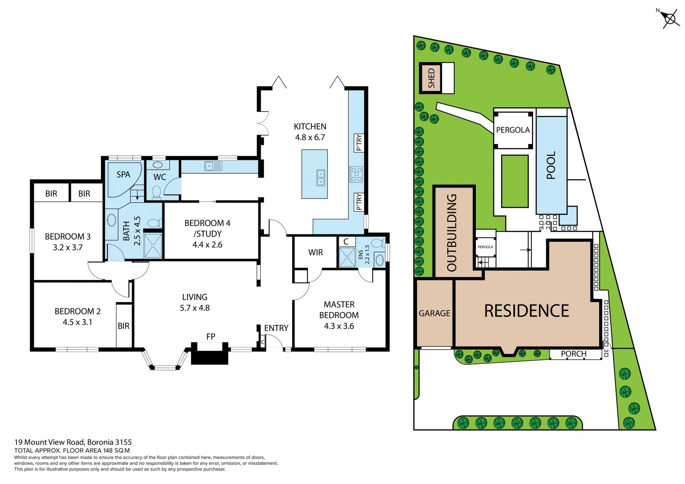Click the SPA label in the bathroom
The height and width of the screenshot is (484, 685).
[123, 174]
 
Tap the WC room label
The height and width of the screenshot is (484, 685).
[159, 177]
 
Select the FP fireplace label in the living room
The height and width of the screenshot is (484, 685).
[211, 336]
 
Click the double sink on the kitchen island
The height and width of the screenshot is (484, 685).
[321, 178]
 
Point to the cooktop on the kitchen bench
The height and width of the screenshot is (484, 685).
[356, 174]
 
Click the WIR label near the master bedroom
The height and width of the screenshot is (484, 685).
[315, 253]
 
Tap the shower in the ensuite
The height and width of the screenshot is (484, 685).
[347, 257]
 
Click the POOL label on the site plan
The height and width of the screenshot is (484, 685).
[551, 165]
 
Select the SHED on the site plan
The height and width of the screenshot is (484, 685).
[431, 78]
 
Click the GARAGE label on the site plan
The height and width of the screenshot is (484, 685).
[434, 313]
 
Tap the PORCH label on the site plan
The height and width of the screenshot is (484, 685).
[573, 354]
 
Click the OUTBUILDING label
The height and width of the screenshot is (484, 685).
[452, 233]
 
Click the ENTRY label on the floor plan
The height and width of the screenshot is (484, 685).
[276, 328]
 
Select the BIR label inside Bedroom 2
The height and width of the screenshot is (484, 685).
[123, 326]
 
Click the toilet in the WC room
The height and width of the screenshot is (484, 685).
[157, 192]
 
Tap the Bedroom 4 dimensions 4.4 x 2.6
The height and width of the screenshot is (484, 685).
[207, 245]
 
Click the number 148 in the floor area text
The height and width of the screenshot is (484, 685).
[108, 450]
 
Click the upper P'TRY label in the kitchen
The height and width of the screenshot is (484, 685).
[359, 143]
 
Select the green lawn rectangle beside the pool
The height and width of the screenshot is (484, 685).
[514, 181]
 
